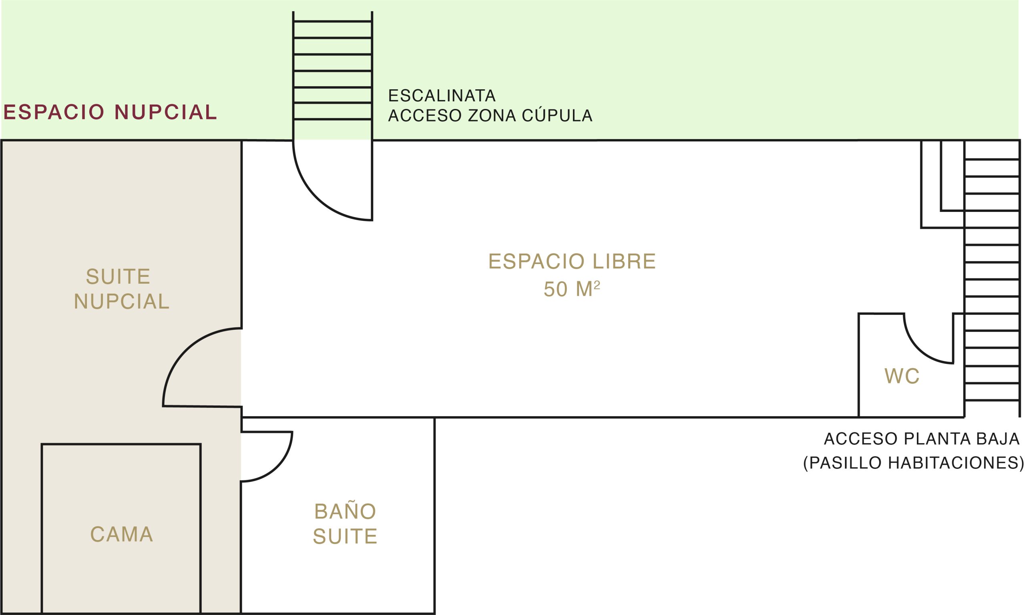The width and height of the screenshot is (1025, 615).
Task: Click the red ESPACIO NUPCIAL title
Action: pos(110,112)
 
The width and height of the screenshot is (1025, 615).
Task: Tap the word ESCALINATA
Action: pos(442,96)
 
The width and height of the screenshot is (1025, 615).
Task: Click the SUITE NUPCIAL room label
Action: pos(121,289)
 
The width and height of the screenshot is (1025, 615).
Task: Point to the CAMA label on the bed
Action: pos(122,534)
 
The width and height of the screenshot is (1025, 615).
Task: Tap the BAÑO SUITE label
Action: pos(345,523)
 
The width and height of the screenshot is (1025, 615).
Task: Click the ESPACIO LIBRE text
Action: pos(572,262)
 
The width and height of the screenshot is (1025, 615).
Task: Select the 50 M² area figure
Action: pos(572,289)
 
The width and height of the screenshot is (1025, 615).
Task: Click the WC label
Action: pos(902,376)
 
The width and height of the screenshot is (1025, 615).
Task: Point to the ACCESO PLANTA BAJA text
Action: pos(921,439)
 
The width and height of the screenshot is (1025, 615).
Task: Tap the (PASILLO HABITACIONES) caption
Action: pos(913,462)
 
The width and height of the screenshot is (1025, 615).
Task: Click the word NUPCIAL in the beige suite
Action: pos(121,301)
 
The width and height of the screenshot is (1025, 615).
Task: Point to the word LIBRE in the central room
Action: pos(624,262)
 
